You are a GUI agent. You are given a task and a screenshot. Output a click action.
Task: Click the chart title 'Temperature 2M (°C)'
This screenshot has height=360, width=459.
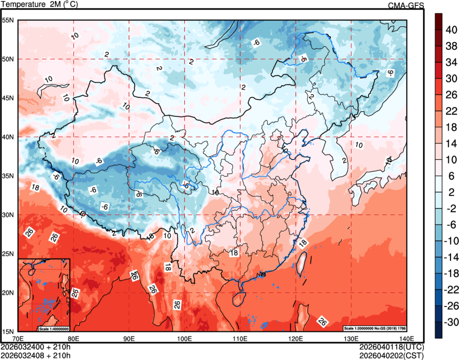40,5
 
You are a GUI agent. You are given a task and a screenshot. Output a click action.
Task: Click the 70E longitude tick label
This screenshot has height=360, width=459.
18,338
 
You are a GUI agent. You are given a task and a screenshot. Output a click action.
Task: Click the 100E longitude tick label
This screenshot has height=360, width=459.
184,338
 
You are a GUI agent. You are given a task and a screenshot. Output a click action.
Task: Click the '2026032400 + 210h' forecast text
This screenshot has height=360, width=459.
36,347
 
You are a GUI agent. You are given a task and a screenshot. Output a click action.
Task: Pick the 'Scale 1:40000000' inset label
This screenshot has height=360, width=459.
53,328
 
